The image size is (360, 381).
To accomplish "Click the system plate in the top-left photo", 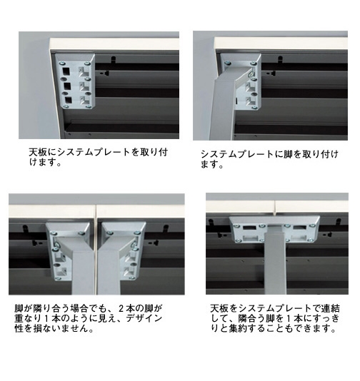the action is pos(75,81).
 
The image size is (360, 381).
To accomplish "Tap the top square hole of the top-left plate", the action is pos(66,71).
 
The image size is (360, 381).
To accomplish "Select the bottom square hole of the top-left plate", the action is pos(69,101).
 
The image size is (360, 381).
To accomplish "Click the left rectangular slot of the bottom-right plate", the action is pos(249,228).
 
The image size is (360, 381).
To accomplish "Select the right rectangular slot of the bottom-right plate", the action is pos(300,228).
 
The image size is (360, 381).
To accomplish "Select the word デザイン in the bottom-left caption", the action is pos(144,318).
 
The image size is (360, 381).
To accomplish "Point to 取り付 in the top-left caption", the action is pos(154,153).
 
